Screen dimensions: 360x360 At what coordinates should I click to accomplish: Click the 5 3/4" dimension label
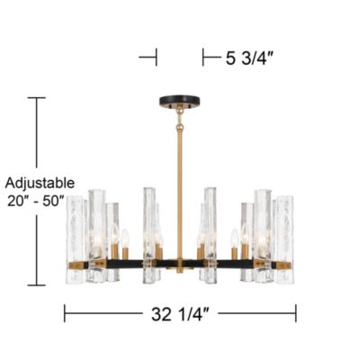coord(249,58)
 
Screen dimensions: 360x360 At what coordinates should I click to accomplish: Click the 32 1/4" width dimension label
coord(180,314)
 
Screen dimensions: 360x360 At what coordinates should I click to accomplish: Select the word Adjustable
coord(40,183)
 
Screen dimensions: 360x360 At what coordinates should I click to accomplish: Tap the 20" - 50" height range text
coord(36,201)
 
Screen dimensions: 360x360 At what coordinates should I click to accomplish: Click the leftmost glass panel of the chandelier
coord(75,239)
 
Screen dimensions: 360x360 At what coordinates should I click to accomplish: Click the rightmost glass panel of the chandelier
coord(284,239)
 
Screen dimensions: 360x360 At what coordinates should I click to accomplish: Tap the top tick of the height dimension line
coord(37,98)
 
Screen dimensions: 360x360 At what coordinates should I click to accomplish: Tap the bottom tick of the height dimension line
coord(37,285)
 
